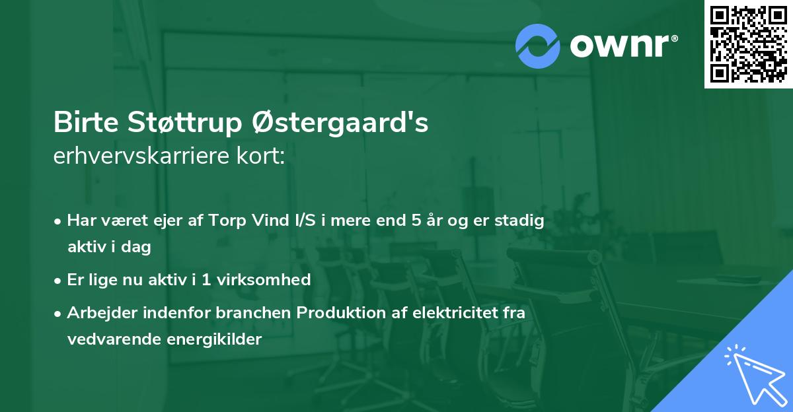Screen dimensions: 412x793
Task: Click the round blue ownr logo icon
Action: (x=538, y=46)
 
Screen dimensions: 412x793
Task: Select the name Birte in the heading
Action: (x=82, y=123)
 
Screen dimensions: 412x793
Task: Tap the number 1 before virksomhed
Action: (x=206, y=279)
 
